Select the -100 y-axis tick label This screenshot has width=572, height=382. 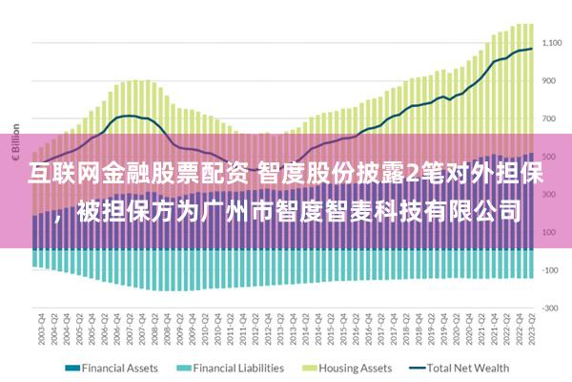pos(551,270)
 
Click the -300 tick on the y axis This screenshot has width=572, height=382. pos(551,308)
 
